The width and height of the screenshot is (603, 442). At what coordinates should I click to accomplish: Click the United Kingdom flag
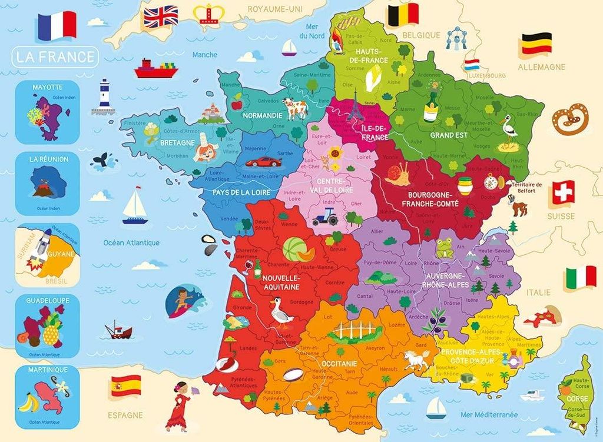point(161,16)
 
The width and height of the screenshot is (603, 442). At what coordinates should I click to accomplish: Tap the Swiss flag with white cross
point(563,192)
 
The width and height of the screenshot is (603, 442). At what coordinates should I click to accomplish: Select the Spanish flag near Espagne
point(125,385)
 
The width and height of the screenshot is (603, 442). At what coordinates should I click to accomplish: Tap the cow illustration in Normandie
point(295,108)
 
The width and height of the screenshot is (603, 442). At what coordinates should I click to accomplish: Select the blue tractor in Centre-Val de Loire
point(324,218)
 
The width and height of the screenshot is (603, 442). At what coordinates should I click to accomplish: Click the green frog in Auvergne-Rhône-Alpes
point(444,248)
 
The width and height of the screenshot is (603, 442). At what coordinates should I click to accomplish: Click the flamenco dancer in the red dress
point(178,406)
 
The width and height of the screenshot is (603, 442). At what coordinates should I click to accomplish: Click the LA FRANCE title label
point(55,57)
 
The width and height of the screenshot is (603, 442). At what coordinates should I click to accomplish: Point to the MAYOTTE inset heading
point(48,87)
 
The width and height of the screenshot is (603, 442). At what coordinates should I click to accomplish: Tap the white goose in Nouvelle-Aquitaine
point(281,313)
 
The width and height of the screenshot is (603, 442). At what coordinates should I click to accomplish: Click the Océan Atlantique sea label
point(131,242)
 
